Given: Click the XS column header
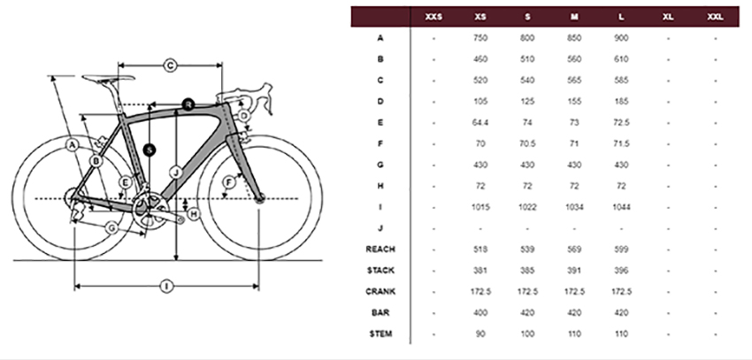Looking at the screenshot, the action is click(x=480, y=17).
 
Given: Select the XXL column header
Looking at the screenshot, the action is click(x=715, y=17).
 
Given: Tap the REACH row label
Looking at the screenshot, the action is click(x=380, y=249).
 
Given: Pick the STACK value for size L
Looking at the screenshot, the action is click(x=621, y=271).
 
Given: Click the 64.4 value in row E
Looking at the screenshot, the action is click(x=480, y=122).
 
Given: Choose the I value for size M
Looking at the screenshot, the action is click(x=574, y=207).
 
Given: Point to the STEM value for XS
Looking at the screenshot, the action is click(x=480, y=333).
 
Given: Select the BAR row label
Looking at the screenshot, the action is click(x=380, y=312).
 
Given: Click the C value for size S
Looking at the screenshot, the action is click(x=527, y=80).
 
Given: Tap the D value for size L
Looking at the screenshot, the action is click(x=621, y=101).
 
